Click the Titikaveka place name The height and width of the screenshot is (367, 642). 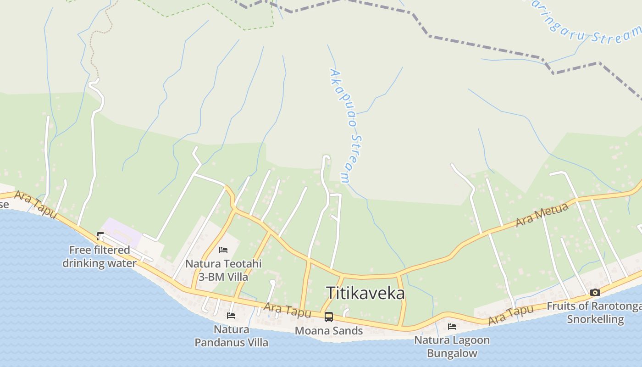point(365,293)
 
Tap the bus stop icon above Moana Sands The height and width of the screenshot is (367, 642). point(328,317)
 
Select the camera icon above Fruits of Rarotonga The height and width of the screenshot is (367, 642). point(595,292)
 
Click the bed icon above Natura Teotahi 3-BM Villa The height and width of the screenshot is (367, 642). point(223,250)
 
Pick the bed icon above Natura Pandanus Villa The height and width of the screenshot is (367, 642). point(231,316)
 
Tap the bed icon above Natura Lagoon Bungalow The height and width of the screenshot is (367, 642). point(452,327)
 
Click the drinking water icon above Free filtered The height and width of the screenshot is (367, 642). point(100,237)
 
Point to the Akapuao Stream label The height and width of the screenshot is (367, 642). point(346,126)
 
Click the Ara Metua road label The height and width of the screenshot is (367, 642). point(542,215)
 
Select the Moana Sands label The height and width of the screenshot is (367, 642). point(329,331)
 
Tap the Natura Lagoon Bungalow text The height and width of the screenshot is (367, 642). point(452,347)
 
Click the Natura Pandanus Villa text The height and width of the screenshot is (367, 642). point(232,336)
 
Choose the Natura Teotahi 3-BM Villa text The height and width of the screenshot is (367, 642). point(223,270)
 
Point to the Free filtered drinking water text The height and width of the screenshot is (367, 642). point(100,256)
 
